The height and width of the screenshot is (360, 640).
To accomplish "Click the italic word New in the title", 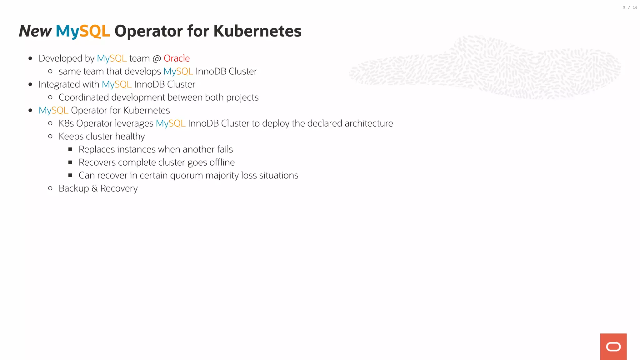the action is pos(35,31).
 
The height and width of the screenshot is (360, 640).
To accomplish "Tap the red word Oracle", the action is pos(177,58).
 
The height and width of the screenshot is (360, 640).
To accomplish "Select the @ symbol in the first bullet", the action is pos(157,59).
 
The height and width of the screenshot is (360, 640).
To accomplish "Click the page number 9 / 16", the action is pos(630,7).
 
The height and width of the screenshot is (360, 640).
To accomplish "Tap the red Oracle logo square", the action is pos(613,347).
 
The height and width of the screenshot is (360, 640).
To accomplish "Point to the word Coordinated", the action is pos(83,97).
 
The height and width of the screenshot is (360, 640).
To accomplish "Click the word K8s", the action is pos(66,123).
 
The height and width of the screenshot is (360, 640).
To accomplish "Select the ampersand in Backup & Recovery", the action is pos(94,189).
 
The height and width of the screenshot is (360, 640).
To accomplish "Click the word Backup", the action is pos(74,189).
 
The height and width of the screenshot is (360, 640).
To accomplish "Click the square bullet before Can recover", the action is pos(70,175).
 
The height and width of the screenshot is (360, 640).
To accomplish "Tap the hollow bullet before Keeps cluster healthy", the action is pos(50,136).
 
